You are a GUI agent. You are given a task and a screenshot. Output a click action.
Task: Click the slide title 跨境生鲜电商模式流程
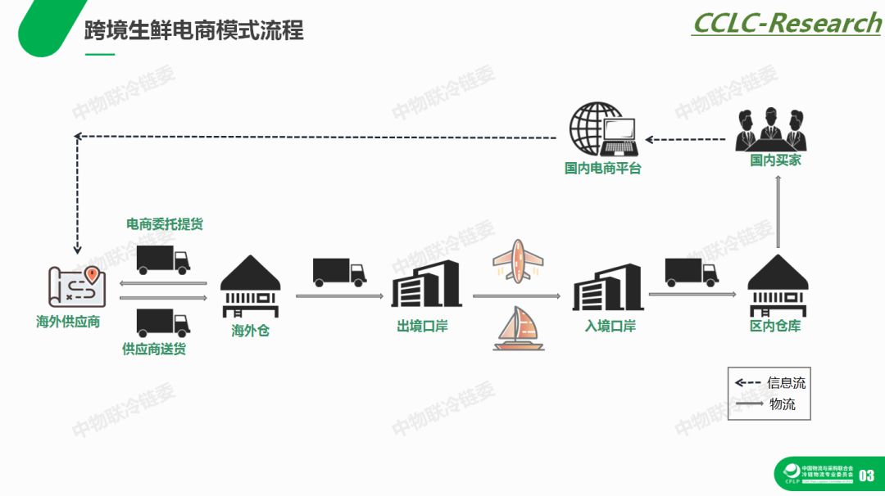tap(194, 31)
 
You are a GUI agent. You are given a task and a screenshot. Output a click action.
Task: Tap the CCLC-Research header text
tap(786, 23)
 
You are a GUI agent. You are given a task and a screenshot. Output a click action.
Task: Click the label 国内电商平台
tap(602, 169)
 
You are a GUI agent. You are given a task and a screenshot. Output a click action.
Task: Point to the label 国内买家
tap(775, 160)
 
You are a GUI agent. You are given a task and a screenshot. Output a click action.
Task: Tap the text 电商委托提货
tap(164, 224)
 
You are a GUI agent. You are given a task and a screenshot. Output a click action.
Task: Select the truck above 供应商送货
tap(162, 322)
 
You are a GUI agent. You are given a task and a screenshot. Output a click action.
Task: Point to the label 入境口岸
tap(610, 326)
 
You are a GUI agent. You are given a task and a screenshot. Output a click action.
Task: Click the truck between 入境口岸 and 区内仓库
tap(692, 273)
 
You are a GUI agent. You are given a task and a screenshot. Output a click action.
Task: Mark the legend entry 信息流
tap(786, 382)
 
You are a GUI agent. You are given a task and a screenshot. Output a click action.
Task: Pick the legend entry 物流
tap(782, 404)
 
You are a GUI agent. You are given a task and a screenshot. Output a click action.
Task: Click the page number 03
tap(866, 476)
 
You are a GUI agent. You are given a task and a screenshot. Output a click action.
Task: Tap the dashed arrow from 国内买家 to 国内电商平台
tap(685, 139)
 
